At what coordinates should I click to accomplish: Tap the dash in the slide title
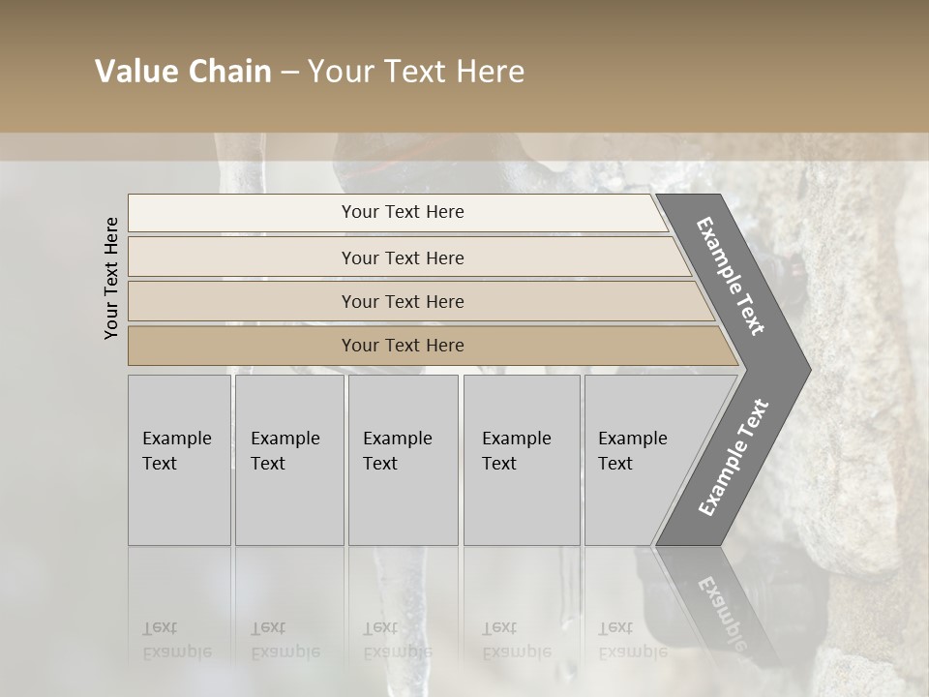289,73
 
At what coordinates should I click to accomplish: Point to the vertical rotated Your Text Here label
111,278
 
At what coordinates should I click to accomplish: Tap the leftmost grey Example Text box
179,460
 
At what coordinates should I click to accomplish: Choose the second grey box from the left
289,460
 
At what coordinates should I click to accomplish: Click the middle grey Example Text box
403,460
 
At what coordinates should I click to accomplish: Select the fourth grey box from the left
522,460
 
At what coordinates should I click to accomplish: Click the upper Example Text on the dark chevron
731,276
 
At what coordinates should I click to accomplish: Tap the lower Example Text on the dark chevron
734,457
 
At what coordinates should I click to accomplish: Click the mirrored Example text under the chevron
721,613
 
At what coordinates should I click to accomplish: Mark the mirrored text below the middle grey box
397,640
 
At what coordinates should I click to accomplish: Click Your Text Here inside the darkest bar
403,346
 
